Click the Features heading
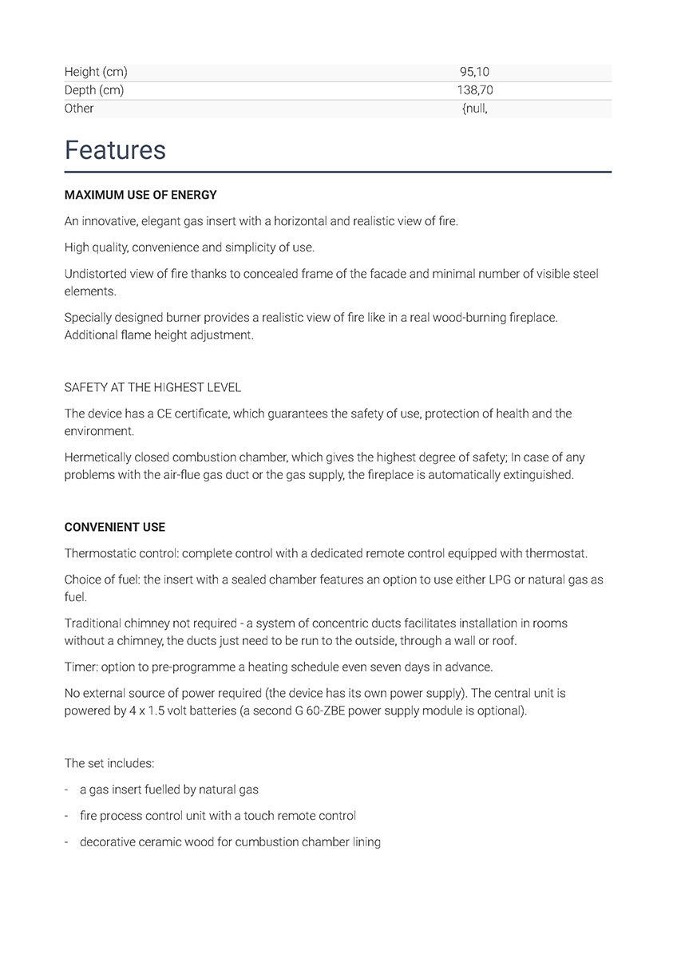point(115,150)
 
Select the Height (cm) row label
point(96,73)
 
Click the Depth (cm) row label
point(94,90)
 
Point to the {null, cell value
point(474,109)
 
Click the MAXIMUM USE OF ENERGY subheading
point(141,195)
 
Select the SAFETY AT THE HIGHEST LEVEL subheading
point(152,387)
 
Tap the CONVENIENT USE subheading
point(115,528)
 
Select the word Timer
point(79,667)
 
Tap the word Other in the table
point(79,109)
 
